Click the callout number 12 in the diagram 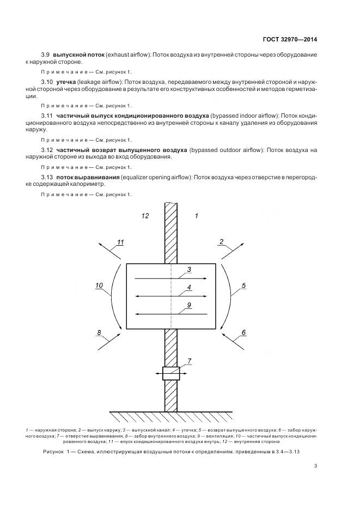pyautogui.click(x=145, y=216)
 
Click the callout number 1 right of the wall pyautogui.click(x=196, y=216)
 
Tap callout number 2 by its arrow pyautogui.click(x=222, y=241)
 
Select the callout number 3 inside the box pyautogui.click(x=188, y=270)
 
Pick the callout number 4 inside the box pyautogui.click(x=188, y=287)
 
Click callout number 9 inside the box pyautogui.click(x=188, y=305)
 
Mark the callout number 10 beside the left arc pyautogui.click(x=99, y=285)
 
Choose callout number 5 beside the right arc pyautogui.click(x=243, y=285)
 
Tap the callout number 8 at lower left pyautogui.click(x=99, y=332)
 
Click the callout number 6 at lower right pyautogui.click(x=243, y=332)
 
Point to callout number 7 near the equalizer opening pyautogui.click(x=189, y=361)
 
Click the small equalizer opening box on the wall pyautogui.click(x=171, y=374)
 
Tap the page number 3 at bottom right pyautogui.click(x=316, y=466)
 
